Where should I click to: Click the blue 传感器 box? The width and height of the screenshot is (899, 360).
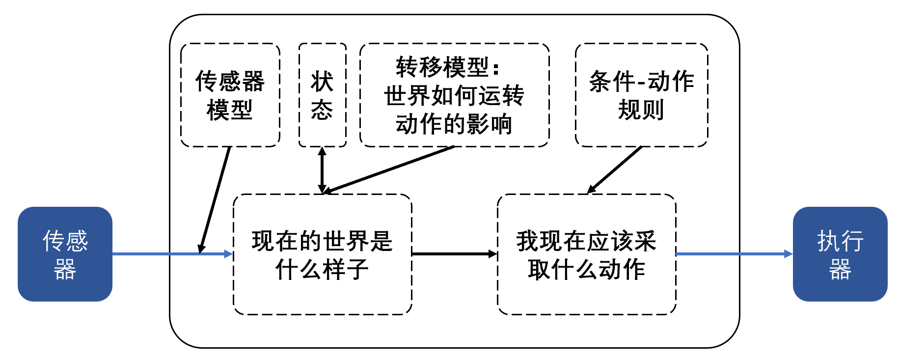pyautogui.click(x=65, y=254)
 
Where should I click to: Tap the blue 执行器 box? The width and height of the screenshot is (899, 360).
pyautogui.click(x=840, y=254)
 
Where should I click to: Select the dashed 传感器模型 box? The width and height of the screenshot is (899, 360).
pyautogui.click(x=230, y=95)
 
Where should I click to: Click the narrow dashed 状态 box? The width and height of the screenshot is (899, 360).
pyautogui.click(x=322, y=95)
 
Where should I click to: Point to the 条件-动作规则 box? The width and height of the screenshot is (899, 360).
pyautogui.click(x=641, y=95)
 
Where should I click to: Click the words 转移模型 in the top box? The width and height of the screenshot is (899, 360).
pyautogui.click(x=442, y=67)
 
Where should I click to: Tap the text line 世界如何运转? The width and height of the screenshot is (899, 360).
pyautogui.click(x=454, y=96)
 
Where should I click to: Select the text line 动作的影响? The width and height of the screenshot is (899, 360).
pyautogui.click(x=454, y=124)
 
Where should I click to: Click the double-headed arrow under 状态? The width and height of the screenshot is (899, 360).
pyautogui.click(x=322, y=169)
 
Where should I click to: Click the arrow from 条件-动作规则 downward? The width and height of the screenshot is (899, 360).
pyautogui.click(x=615, y=169)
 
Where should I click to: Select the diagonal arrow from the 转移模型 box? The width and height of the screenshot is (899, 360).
pyautogui.click(x=388, y=169)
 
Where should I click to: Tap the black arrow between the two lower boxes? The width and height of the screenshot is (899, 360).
pyautogui.click(x=454, y=254)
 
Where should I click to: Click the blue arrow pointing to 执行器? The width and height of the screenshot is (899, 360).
pyautogui.click(x=734, y=254)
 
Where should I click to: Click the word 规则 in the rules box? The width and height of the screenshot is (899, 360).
pyautogui.click(x=641, y=110)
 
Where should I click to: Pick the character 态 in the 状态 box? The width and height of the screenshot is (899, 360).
pyautogui.click(x=322, y=110)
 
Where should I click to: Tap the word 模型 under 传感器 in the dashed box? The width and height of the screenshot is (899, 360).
pyautogui.click(x=230, y=110)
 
